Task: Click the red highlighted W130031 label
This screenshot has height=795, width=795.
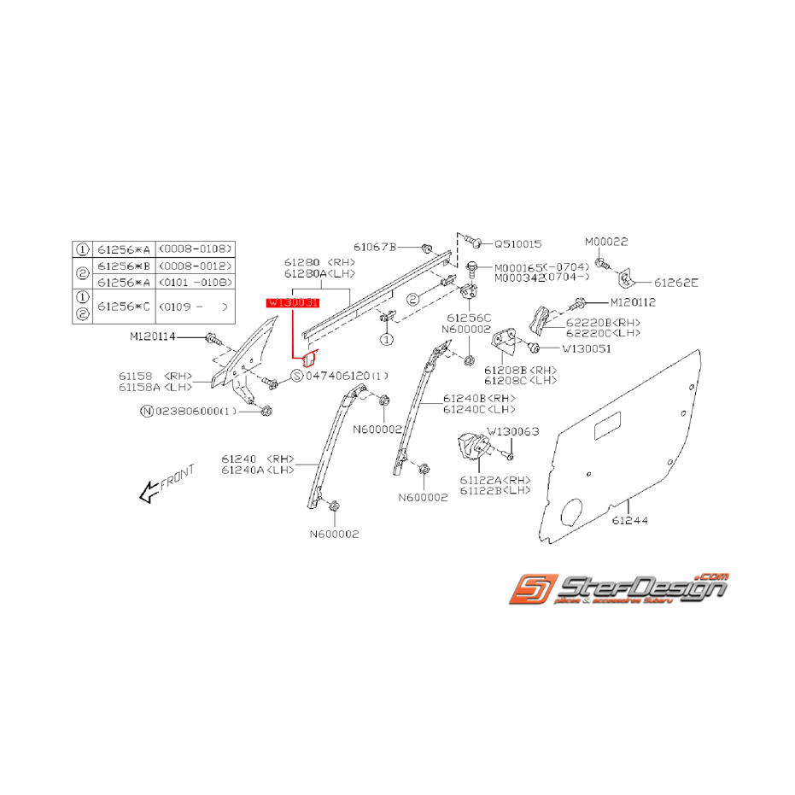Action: [x=292, y=303]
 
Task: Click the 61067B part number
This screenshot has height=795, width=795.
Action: [x=377, y=247]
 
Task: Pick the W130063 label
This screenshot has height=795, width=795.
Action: [x=513, y=431]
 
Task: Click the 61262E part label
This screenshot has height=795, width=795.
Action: [x=676, y=283]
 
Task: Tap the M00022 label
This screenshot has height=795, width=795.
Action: [x=606, y=242]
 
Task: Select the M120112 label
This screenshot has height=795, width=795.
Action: [x=634, y=302]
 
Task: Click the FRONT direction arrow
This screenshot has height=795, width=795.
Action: [x=149, y=491]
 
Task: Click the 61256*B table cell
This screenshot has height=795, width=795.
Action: [x=124, y=266]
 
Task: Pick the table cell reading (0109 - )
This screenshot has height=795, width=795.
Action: [x=195, y=305]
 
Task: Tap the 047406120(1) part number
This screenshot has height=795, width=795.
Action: [x=346, y=376]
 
